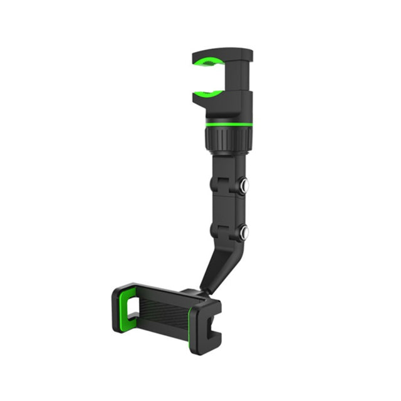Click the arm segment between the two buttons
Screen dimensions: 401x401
click(x=226, y=207)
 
